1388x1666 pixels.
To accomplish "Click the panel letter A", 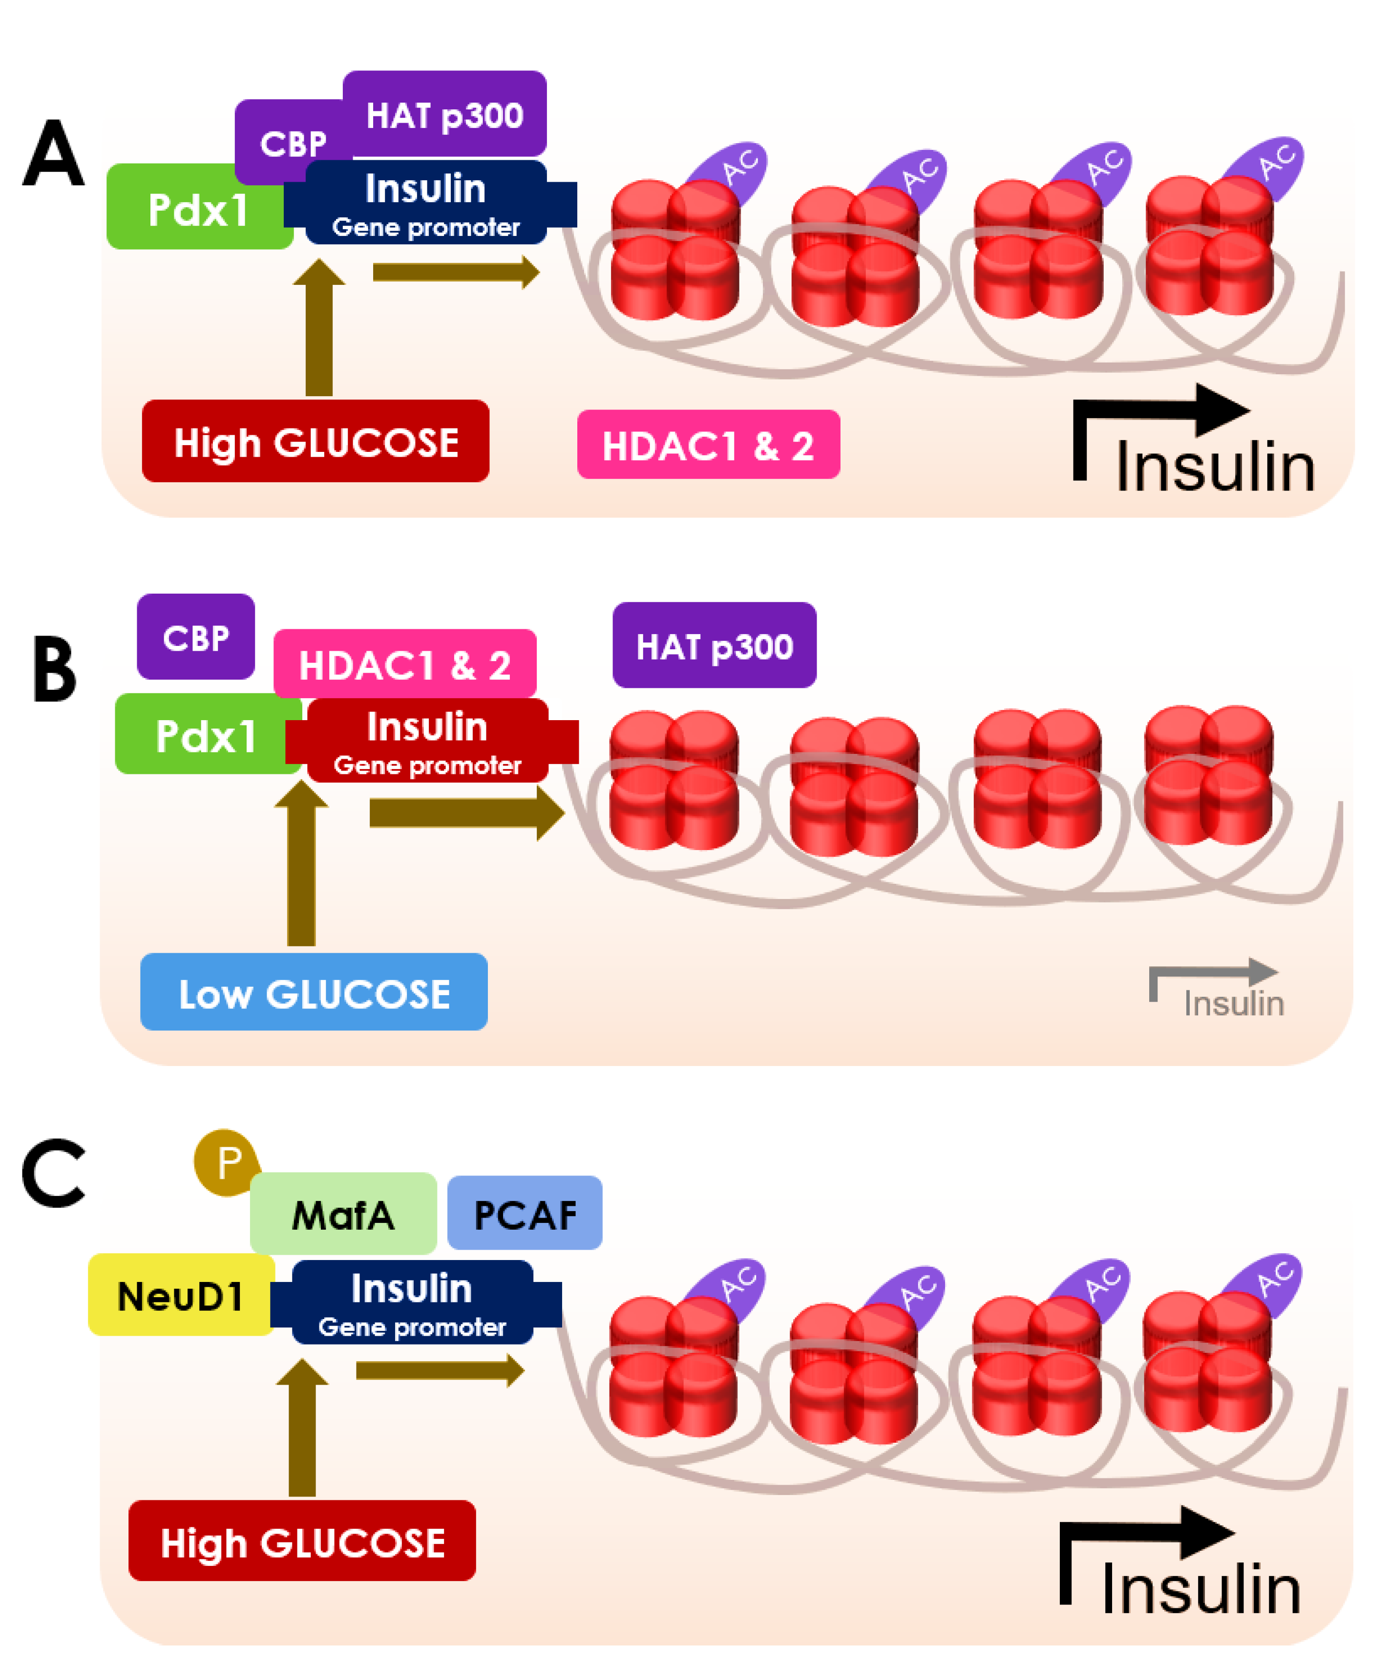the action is click(53, 152).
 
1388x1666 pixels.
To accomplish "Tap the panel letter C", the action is click(53, 1173).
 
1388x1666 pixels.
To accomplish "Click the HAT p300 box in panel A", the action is click(444, 114).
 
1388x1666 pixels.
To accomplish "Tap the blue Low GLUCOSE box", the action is click(314, 992).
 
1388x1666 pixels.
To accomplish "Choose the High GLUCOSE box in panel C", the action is click(302, 1540).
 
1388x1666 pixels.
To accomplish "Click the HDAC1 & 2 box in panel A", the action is click(708, 444).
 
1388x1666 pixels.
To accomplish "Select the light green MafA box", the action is click(343, 1214).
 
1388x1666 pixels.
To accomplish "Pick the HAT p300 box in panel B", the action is click(714, 645).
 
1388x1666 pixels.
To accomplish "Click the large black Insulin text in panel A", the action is click(1215, 467).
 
